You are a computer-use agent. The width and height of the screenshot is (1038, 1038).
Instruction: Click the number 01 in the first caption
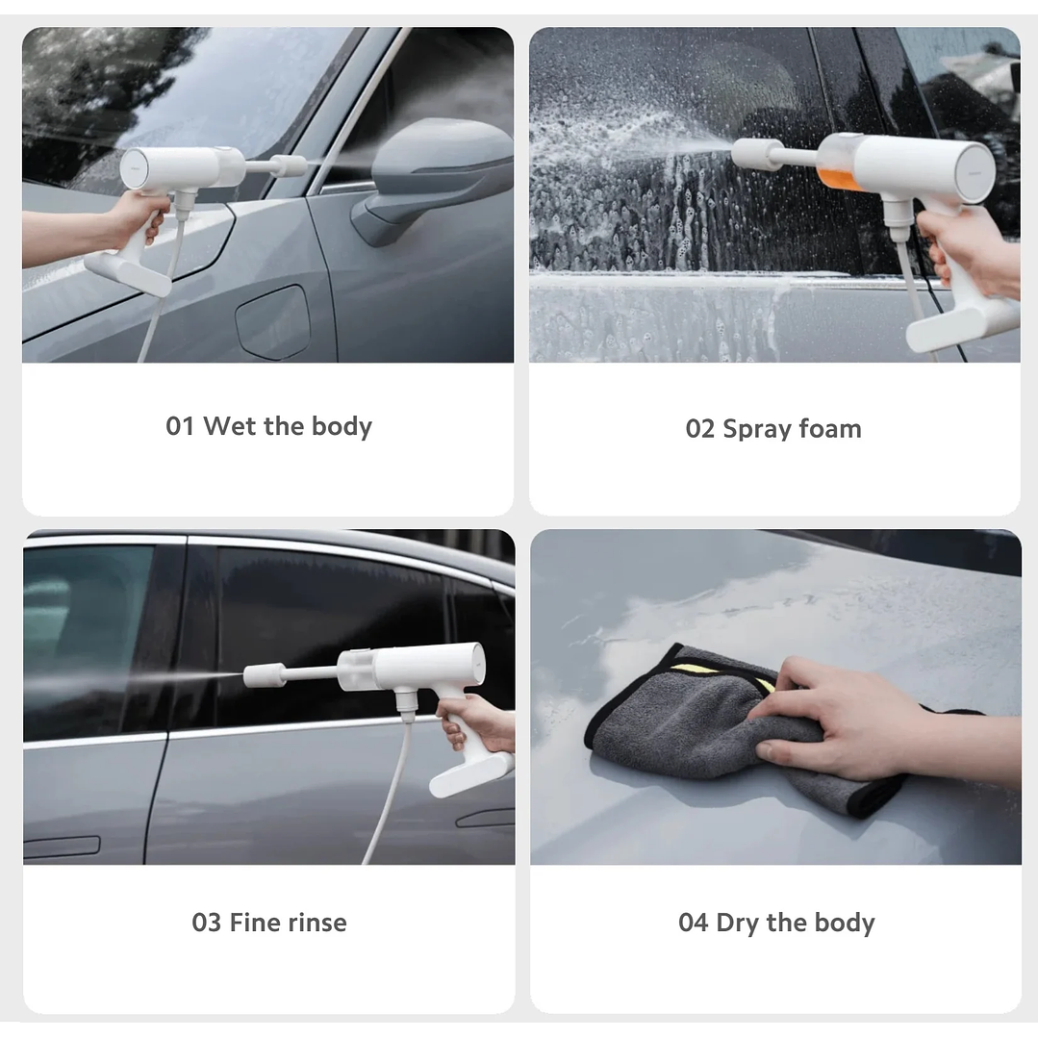[x=180, y=426]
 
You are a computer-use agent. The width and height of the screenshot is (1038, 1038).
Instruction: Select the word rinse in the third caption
[x=314, y=923]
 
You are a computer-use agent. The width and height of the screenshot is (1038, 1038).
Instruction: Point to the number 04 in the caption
[x=693, y=924]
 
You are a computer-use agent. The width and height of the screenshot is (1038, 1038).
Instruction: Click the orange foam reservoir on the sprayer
[x=834, y=173]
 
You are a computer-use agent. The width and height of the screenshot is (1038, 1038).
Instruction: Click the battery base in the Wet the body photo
[x=128, y=274]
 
